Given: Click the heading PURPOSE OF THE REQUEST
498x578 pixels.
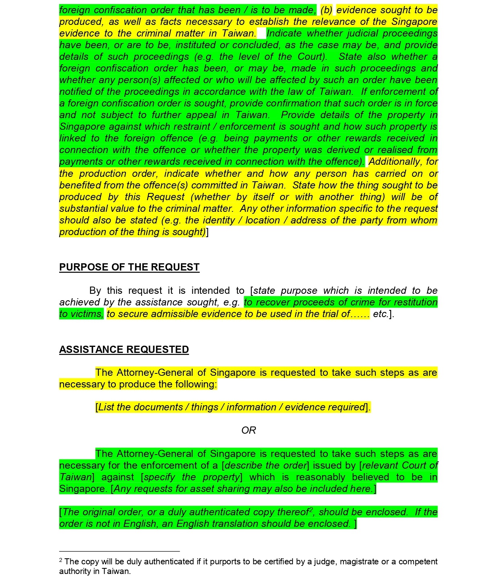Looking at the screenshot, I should [x=129, y=267].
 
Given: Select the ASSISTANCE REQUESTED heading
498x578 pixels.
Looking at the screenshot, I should [x=124, y=350].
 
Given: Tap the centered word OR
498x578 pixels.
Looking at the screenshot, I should [x=249, y=430].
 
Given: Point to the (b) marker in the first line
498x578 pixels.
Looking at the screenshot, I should [x=327, y=10].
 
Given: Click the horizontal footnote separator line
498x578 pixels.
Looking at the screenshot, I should [x=119, y=551].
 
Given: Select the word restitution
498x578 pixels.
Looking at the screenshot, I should [x=416, y=302].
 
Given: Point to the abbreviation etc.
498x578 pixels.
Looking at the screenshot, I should [x=381, y=314].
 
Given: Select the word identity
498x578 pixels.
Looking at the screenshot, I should [x=218, y=220].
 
